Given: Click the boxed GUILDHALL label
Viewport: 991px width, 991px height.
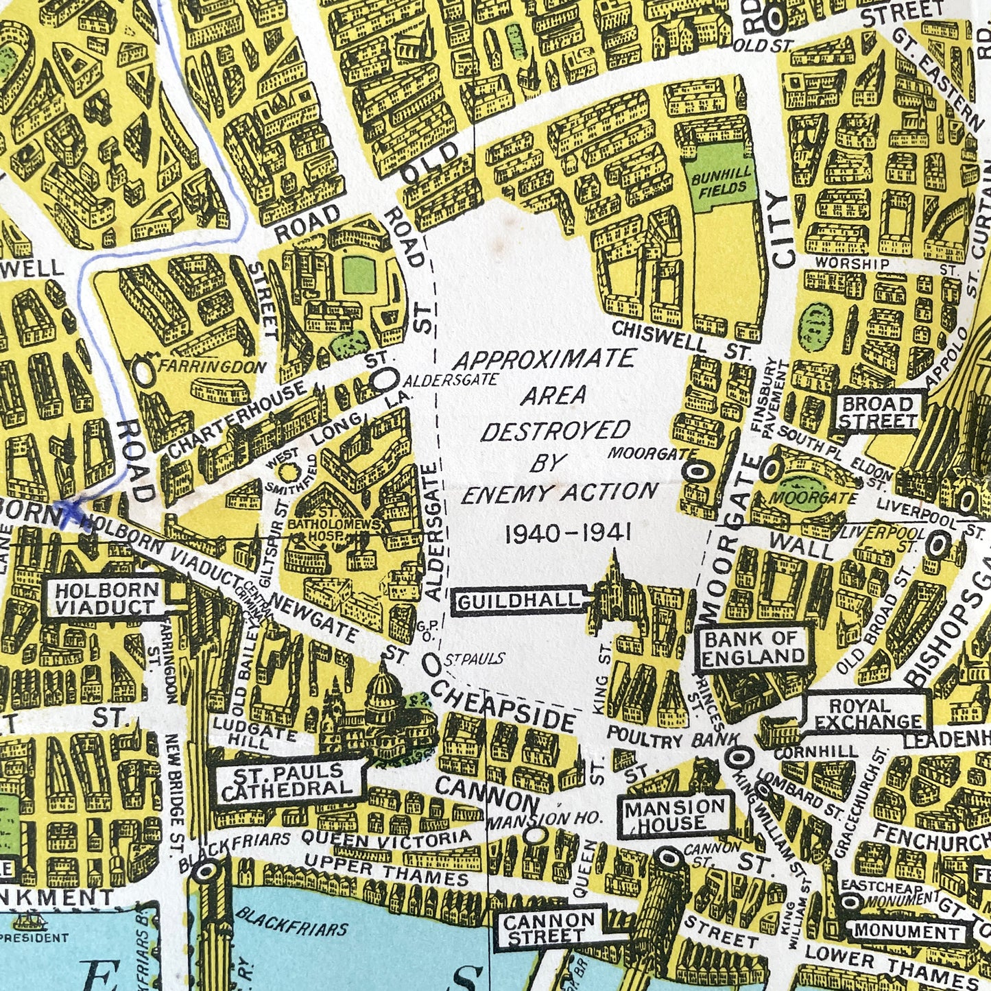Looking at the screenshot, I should (x=518, y=601).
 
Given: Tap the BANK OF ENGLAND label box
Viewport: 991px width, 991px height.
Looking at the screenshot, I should (x=752, y=647).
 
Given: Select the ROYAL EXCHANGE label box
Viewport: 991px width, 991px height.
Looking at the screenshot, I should (x=868, y=714).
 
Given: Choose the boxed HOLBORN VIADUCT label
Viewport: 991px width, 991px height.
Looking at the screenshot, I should (x=106, y=599).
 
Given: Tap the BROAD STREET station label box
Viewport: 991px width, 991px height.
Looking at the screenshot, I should (x=877, y=412).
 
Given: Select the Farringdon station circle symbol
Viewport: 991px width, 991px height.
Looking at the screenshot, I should (x=143, y=370).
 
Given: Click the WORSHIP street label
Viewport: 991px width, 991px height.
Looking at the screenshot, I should (x=852, y=264).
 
